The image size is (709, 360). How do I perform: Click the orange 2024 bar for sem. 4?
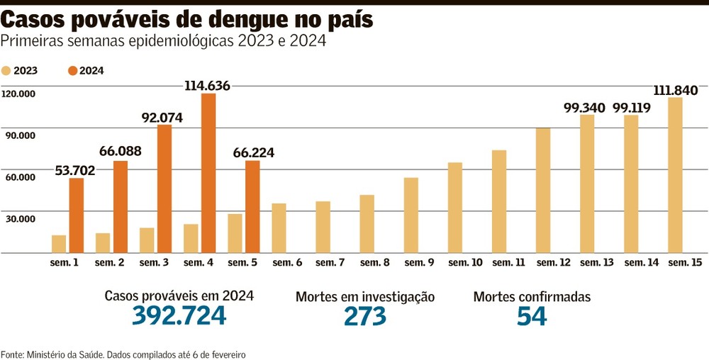(208, 173)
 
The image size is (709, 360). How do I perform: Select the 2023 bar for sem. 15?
(675, 175)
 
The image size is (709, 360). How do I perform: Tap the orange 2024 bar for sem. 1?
(77, 215)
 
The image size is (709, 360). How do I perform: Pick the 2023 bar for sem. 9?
(411, 215)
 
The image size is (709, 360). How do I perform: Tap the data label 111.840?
(674, 90)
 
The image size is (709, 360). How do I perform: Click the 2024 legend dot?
(72, 70)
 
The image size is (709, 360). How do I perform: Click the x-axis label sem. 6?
(287, 263)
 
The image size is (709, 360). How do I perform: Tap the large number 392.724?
(179, 315)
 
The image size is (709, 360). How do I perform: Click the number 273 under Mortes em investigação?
(365, 316)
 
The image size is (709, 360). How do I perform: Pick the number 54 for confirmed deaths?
(532, 316)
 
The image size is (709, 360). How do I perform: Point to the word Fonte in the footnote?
(11, 354)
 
